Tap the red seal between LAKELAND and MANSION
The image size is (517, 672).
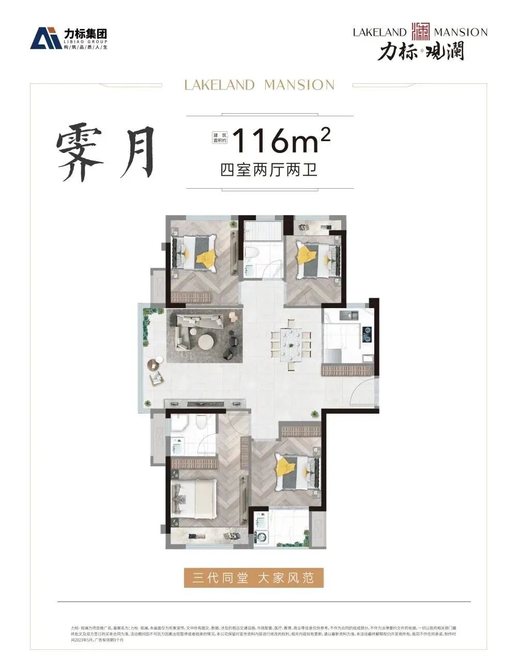coord(421,32)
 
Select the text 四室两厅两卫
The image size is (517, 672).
coord(269,170)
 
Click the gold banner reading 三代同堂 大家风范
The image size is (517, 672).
coord(253,577)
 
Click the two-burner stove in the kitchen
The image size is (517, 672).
coord(367,334)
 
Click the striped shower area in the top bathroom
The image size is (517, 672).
coord(264,231)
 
